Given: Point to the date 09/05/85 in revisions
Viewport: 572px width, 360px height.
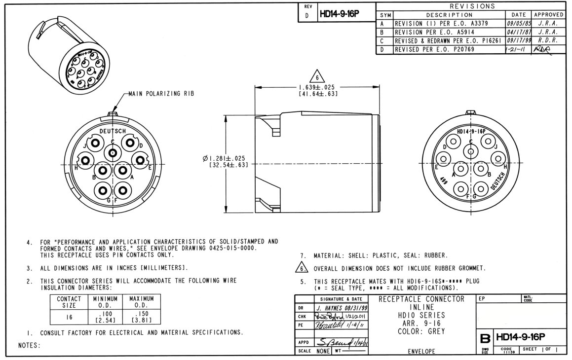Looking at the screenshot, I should [518, 23].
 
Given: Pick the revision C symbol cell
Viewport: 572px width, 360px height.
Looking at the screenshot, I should [382, 41].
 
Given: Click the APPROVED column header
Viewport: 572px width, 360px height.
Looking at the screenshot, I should [548, 15].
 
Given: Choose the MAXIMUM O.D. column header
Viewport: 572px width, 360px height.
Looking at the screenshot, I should [142, 301].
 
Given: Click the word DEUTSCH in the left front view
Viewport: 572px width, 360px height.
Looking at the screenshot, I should [113, 131].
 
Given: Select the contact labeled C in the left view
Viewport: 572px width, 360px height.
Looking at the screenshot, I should [113, 153].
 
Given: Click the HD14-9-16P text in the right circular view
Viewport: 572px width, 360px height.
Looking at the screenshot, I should [471, 132].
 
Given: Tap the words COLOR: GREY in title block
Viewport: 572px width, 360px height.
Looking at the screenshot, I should [421, 331].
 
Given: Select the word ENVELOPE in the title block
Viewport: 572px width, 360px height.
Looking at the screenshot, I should [421, 352].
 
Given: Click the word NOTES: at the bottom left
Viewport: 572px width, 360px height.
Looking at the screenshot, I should [29, 345].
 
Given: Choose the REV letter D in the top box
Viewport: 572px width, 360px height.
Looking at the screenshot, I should [307, 15].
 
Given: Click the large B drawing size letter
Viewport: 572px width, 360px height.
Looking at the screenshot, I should [485, 339].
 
